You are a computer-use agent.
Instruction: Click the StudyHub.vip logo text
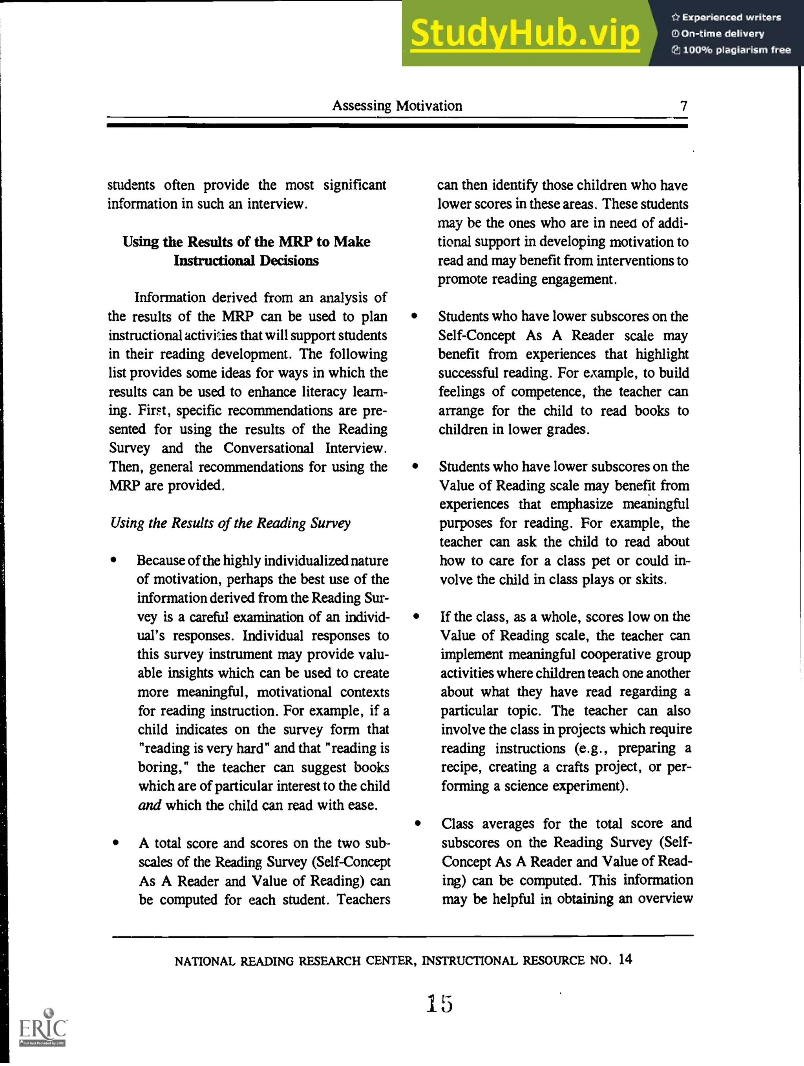tap(525, 33)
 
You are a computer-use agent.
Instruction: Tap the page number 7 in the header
tap(683, 106)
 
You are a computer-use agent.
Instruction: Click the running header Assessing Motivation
tap(397, 106)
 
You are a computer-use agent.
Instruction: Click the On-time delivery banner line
tap(722, 34)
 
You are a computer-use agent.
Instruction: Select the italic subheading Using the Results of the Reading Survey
tap(230, 523)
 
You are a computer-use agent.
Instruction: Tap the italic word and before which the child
tap(149, 805)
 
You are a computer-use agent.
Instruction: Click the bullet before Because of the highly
tap(113, 560)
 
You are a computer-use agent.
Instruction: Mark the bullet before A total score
tap(115, 843)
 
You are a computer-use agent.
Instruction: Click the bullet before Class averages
tap(417, 824)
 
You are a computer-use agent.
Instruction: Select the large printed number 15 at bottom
tap(439, 1004)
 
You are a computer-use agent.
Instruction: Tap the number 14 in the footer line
tap(625, 960)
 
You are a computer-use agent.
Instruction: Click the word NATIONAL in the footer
tap(205, 961)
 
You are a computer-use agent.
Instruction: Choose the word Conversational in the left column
tap(268, 448)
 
